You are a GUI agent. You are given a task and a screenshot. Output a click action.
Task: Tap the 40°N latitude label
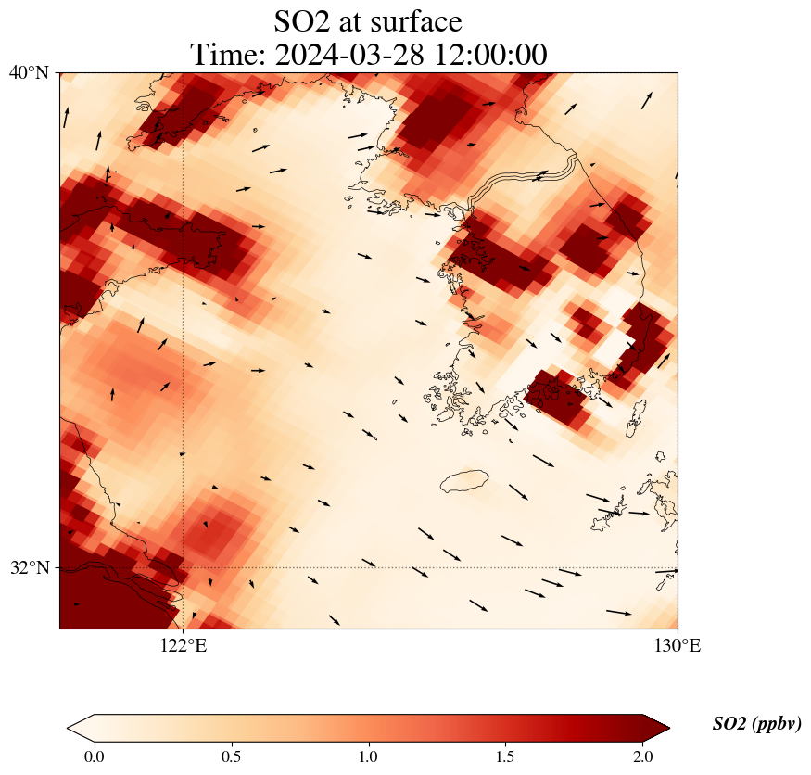pyautogui.click(x=30, y=73)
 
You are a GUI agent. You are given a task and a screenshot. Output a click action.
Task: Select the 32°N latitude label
pyautogui.click(x=30, y=567)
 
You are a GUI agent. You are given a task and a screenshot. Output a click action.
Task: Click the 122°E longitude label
pyautogui.click(x=184, y=645)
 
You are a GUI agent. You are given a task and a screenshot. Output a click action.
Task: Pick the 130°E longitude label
pyautogui.click(x=678, y=645)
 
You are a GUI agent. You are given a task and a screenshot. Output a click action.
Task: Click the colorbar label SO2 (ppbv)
pyautogui.click(x=756, y=724)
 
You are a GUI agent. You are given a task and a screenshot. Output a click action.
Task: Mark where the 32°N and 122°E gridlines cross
pyautogui.click(x=184, y=567)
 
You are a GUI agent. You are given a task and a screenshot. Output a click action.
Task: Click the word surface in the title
pyautogui.click(x=414, y=20)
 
